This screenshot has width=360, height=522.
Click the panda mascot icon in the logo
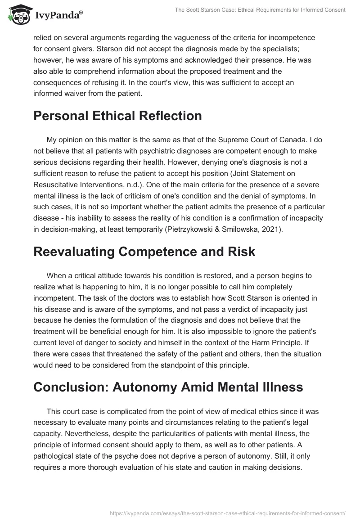tap(18, 15)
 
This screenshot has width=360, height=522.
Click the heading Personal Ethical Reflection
tap(117, 116)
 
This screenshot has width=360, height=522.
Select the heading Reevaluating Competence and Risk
tap(144, 252)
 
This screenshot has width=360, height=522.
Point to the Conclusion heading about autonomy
tap(162, 387)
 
